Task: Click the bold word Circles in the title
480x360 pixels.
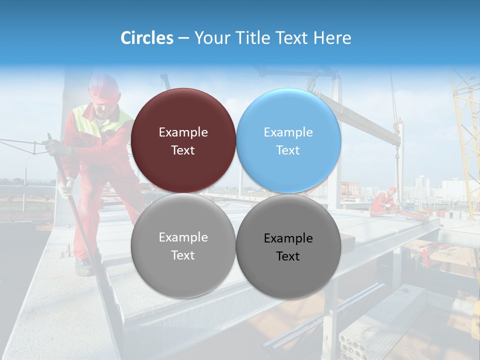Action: tap(147, 38)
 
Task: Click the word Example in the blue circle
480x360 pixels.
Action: tap(288, 132)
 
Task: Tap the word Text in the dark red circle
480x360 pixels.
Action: tap(183, 150)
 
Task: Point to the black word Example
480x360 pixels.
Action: tap(288, 238)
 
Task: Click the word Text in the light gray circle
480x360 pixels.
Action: tap(183, 255)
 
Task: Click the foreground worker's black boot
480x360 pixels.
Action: tap(84, 268)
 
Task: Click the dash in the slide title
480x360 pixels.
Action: tap(183, 38)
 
